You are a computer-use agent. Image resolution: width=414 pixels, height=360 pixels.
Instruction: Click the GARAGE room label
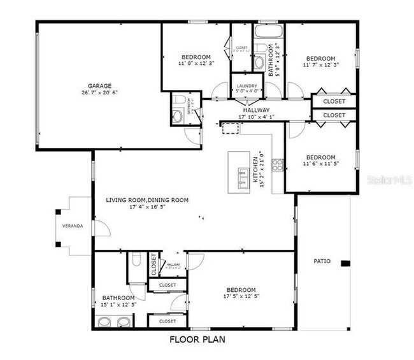coord(99,85)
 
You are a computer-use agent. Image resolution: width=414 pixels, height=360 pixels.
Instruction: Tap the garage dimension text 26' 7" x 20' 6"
coord(99,93)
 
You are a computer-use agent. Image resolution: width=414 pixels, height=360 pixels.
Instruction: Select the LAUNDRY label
coord(247,86)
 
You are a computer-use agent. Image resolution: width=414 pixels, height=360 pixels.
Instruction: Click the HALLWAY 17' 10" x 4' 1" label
coord(255,110)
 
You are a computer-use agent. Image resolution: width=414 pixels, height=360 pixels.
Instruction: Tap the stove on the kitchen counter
coord(278,165)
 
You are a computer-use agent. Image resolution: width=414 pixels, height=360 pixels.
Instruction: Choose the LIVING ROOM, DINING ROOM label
coord(147,200)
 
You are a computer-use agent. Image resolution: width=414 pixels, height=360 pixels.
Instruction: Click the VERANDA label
coord(71,226)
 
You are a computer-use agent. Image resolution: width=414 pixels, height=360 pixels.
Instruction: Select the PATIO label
coord(322,261)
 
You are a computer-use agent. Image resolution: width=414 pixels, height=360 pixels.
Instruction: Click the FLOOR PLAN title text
coord(197,340)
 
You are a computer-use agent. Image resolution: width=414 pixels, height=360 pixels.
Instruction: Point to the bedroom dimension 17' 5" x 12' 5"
coord(240,297)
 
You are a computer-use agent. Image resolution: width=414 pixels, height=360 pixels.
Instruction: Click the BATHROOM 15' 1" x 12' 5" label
coord(118,298)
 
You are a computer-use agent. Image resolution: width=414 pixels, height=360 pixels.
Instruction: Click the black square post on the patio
coord(345,264)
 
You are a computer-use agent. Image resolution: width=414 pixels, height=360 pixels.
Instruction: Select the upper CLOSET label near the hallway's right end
coord(334,101)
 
